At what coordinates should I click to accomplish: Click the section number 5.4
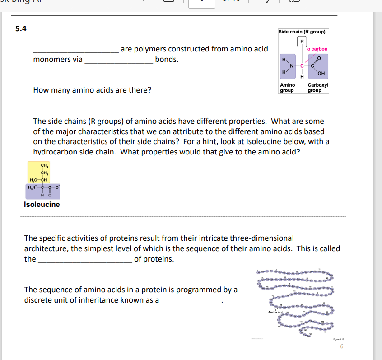(x=21, y=29)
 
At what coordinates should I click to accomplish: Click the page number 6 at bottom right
(x=342, y=346)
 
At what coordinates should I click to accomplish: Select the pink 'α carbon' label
(x=317, y=49)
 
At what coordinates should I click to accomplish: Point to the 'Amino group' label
(x=287, y=88)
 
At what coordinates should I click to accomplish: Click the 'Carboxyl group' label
(x=317, y=88)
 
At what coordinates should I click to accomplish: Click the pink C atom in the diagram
(x=302, y=67)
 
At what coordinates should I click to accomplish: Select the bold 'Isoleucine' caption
(x=42, y=205)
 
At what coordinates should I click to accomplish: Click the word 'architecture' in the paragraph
(x=46, y=248)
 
